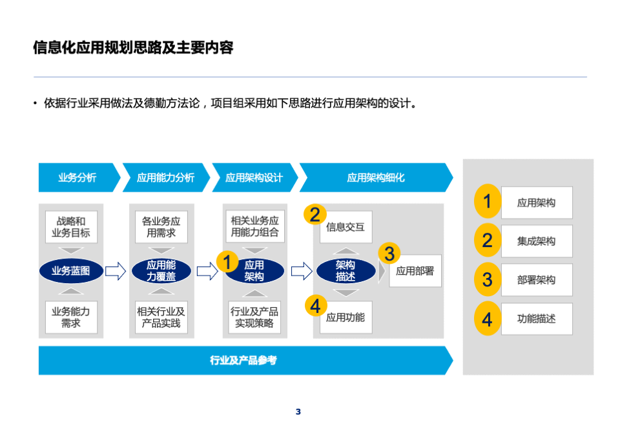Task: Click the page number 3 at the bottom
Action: (298, 412)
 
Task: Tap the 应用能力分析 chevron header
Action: (166, 177)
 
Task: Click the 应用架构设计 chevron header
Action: (254, 177)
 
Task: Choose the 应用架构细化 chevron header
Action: (376, 177)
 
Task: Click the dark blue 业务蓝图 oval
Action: (71, 271)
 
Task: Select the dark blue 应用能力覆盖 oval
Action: (161, 271)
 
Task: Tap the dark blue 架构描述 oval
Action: (346, 271)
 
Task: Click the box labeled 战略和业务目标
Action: (71, 227)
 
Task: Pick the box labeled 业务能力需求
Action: (71, 317)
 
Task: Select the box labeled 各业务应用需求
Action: (161, 227)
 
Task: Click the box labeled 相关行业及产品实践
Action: (161, 317)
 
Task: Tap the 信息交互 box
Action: (346, 227)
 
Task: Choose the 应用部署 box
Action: (415, 271)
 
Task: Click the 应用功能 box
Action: (346, 317)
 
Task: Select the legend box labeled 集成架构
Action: (537, 241)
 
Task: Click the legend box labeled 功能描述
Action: (537, 319)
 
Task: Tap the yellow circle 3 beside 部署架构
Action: (488, 279)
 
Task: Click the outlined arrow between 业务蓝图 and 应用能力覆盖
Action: (116, 271)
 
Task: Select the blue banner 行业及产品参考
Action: (245, 360)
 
